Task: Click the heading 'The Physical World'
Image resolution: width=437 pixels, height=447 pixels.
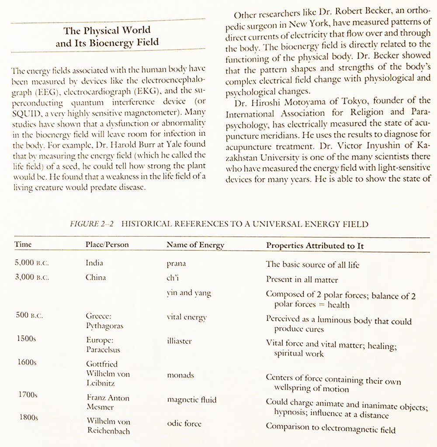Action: (x=107, y=31)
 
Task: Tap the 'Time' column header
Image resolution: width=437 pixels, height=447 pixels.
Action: (x=23, y=244)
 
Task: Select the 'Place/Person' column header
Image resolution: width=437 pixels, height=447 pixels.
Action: (x=107, y=244)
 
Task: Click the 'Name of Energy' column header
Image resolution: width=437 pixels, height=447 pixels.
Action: (x=195, y=245)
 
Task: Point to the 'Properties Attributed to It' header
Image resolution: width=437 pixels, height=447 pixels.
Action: (x=315, y=246)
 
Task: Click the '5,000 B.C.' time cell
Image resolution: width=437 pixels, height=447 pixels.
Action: (x=32, y=263)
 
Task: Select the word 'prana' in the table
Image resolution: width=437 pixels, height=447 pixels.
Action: (x=176, y=264)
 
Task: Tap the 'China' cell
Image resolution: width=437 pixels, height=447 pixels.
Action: (x=96, y=278)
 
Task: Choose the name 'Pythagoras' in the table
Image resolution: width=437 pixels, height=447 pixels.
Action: (x=104, y=326)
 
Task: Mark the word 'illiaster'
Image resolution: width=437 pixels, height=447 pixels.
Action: (x=179, y=341)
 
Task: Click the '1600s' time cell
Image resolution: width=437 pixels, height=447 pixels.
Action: (x=27, y=362)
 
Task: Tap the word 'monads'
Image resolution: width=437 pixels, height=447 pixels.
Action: (x=180, y=375)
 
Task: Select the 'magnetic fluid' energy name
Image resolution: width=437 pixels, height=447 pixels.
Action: (x=191, y=399)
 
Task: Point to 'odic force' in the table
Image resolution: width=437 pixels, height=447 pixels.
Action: (x=184, y=423)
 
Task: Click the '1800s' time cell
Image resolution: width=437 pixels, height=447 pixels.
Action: (x=28, y=417)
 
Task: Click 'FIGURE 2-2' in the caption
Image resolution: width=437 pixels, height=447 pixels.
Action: (x=92, y=224)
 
